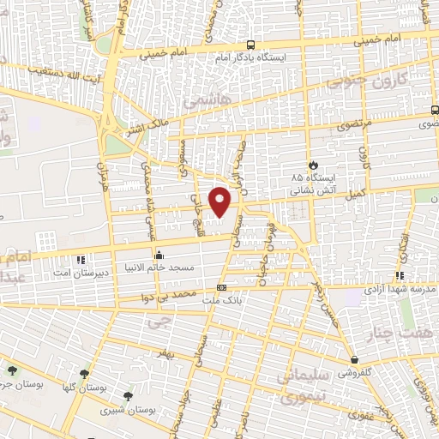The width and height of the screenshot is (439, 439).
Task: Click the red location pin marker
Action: pyautogui.click(x=221, y=201)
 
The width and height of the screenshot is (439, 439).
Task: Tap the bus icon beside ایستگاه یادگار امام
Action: pyautogui.click(x=250, y=45)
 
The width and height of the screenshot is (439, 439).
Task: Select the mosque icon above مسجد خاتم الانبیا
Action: pyautogui.click(x=159, y=255)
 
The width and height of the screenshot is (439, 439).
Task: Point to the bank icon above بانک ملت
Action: pyautogui.click(x=222, y=287)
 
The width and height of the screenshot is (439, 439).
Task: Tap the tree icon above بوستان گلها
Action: pyautogui.click(x=84, y=374)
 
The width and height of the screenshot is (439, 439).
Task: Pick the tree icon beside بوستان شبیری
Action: pyautogui.click(x=128, y=395)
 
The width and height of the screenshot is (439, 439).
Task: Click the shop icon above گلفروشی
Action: pyautogui.click(x=354, y=360)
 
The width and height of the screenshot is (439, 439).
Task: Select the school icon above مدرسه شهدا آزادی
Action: pyautogui.click(x=400, y=275)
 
